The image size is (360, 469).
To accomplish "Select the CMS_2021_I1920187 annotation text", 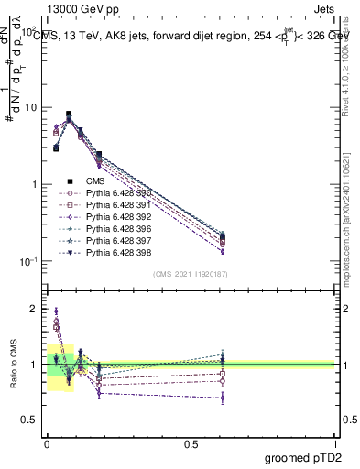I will click(190, 274).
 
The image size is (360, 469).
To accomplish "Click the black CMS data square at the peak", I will click(69, 115).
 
